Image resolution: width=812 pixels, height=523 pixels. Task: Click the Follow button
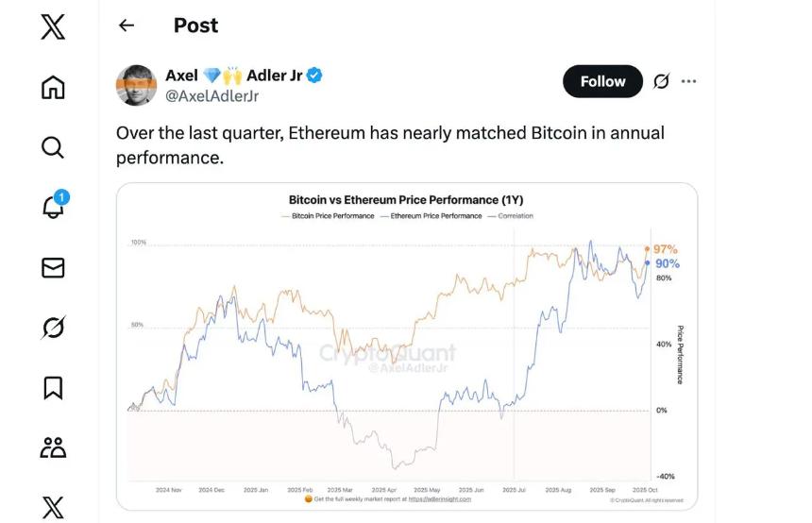pos(602,81)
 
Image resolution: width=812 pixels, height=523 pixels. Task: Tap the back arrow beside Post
pos(127,26)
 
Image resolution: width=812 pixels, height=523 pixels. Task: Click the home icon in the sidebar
pos(54,88)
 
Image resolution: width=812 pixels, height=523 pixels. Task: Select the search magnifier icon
pos(54,147)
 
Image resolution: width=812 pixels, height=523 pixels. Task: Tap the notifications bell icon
pos(54,207)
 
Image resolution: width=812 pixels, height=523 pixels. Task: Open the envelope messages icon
pos(54,268)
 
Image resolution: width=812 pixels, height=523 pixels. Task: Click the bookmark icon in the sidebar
pos(54,387)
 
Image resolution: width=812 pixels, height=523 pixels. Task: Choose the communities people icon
pos(54,447)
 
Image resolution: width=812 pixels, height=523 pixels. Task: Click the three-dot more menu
pos(689,81)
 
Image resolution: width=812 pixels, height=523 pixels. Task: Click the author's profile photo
pos(136,85)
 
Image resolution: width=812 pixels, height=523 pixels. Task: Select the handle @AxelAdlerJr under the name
pos(212,96)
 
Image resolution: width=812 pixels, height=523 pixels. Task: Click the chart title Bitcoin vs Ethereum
pos(406,200)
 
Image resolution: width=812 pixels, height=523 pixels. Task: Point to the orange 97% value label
pos(666,249)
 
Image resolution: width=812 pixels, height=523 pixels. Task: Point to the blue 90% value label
pos(667,263)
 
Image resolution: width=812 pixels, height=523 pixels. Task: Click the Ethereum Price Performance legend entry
pos(433,216)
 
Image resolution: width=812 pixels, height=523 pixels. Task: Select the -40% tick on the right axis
pos(666,476)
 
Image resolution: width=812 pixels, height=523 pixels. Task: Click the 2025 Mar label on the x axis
pos(341,490)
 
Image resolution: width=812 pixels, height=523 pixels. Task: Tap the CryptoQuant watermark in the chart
pos(387,354)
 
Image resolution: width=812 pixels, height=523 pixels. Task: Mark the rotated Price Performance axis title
pos(680,355)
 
